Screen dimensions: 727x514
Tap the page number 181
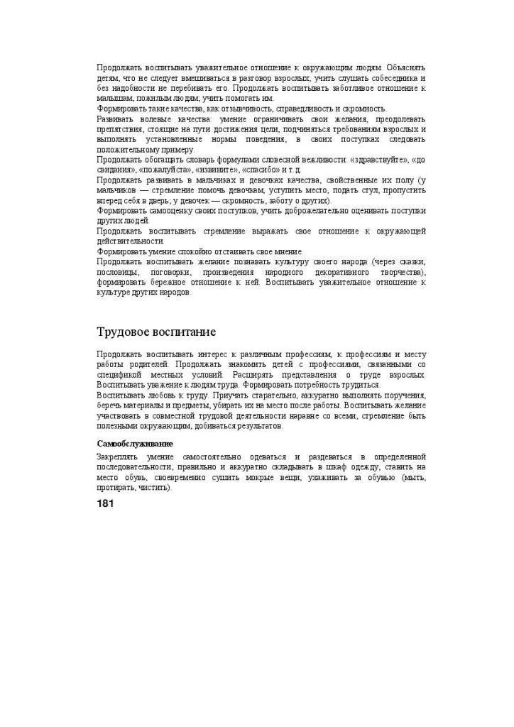105,503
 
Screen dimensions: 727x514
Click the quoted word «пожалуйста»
164,170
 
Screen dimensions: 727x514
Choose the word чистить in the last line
158,488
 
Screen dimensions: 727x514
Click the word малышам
112,98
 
